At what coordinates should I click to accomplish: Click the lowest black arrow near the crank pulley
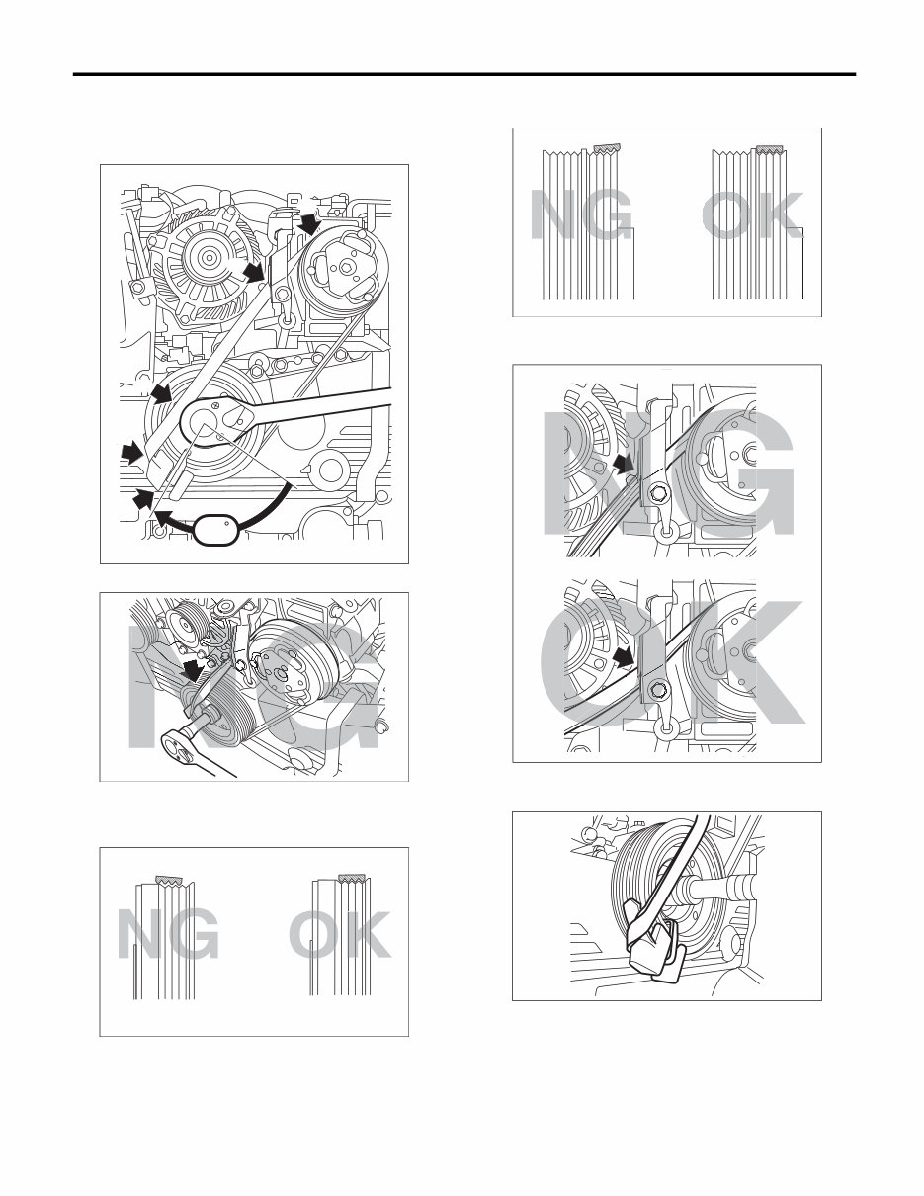[144, 501]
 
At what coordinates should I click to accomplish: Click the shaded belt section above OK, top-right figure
[770, 149]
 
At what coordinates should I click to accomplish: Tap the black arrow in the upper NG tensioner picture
[621, 463]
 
